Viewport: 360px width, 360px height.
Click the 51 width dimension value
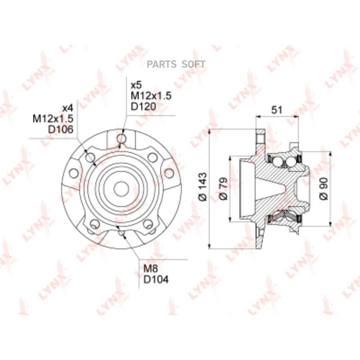pyautogui.click(x=276, y=110)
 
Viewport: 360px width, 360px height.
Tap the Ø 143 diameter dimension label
pyautogui.click(x=202, y=187)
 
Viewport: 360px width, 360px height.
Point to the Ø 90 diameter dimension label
pyautogui.click(x=324, y=188)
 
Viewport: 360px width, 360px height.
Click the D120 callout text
pyautogui.click(x=144, y=106)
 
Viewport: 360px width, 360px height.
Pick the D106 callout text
pyautogui.click(x=61, y=130)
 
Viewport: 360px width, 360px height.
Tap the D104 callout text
pyautogui.click(x=156, y=280)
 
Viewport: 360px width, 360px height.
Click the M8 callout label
pyautogui.click(x=151, y=269)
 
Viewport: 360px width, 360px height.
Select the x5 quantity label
pyautogui.click(x=136, y=86)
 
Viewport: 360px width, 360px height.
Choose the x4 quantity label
pyautogui.click(x=68, y=108)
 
